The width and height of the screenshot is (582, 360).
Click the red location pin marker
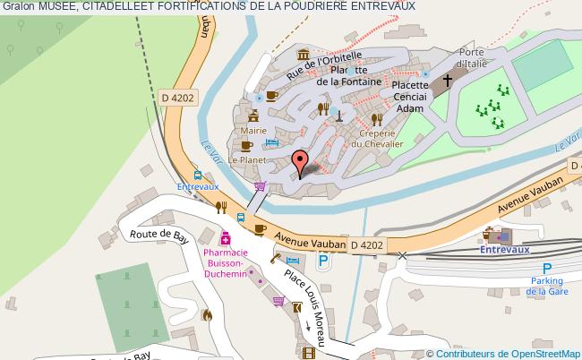(302, 161)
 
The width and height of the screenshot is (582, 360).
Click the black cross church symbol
(446, 81)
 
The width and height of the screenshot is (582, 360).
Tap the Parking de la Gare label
(547, 287)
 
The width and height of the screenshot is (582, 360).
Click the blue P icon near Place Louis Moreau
(322, 261)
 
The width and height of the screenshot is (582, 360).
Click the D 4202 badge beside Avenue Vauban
(366, 244)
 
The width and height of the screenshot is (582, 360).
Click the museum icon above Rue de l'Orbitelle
(304, 54)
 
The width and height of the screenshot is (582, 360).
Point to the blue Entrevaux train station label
(198, 186)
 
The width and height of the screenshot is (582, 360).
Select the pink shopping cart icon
(260, 186)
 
